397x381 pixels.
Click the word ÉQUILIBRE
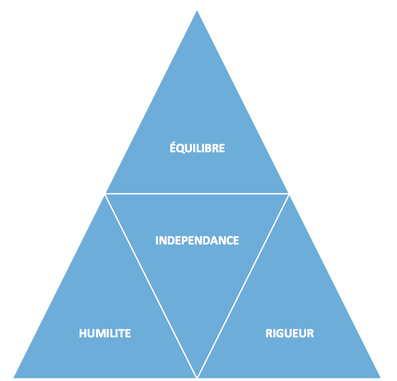coord(197,147)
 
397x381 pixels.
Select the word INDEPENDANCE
coord(197,241)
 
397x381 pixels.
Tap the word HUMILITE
coord(105,334)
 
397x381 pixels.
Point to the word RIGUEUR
coord(290,334)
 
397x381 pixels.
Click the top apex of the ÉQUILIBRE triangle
coord(197,11)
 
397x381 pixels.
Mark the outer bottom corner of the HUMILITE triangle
coord(14,378)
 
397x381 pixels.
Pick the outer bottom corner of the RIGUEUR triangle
coord(381,378)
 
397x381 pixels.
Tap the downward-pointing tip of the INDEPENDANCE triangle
coord(197,377)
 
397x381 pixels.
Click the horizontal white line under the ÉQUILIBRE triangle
coord(197,194)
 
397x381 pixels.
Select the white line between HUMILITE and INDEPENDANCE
coord(151,286)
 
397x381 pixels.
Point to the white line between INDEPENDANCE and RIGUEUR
coord(243,286)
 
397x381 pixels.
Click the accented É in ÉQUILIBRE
coord(172,147)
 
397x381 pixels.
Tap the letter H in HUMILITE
coord(83,334)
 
